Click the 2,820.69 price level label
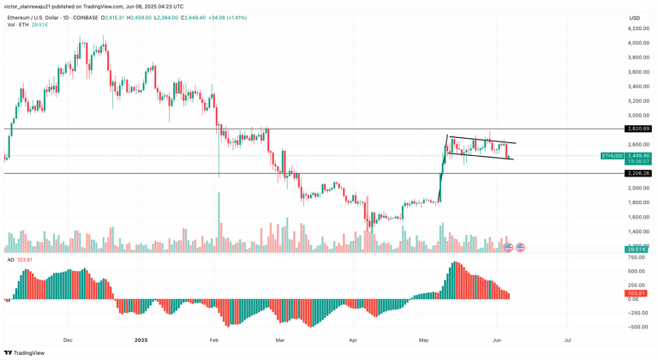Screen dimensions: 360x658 [x=638, y=129]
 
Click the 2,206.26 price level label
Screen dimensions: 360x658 [x=638, y=173]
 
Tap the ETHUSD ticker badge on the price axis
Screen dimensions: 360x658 [x=613, y=156]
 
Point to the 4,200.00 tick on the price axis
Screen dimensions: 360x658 [x=638, y=28]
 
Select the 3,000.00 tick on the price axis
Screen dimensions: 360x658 [x=638, y=115]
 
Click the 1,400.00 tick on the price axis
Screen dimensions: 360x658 [x=638, y=231]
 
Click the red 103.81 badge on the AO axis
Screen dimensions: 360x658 [x=637, y=293]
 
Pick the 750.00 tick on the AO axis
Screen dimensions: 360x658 [x=637, y=257]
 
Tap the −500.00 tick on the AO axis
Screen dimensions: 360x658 [x=637, y=327]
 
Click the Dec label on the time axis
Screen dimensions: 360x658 [x=68, y=340]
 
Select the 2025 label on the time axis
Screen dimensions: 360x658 [x=141, y=340]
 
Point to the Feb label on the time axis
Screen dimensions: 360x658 [x=214, y=340]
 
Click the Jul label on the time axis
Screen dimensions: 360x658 [x=567, y=340]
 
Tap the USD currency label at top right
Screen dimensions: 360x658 [x=634, y=17]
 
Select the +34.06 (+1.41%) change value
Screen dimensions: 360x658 [x=227, y=17]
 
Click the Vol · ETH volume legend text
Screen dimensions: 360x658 [x=18, y=25]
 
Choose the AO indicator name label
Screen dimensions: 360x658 [x=11, y=260]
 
